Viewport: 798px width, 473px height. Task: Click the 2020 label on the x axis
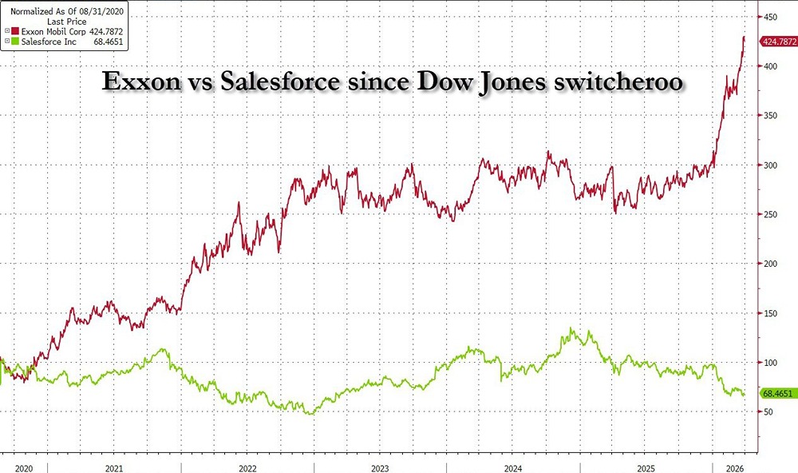tap(25, 467)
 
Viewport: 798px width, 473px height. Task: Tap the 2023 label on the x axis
tap(380, 467)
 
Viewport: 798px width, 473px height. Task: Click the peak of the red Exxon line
tap(744, 37)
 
